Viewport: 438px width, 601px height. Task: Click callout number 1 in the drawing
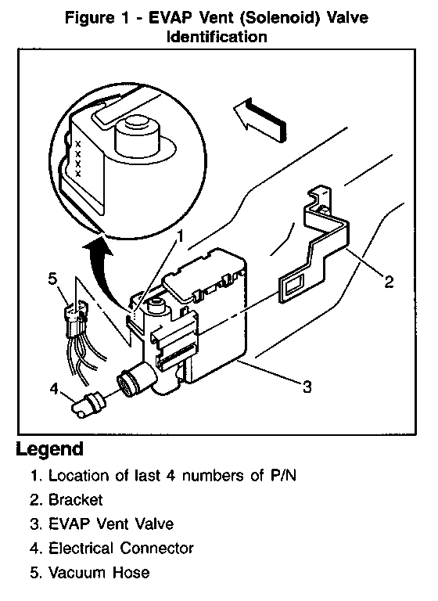click(x=180, y=236)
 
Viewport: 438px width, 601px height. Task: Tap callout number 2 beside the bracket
click(x=389, y=282)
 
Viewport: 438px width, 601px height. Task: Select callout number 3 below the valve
click(x=307, y=387)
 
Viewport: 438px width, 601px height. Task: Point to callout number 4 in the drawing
click(x=54, y=389)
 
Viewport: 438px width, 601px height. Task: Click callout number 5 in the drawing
click(x=52, y=279)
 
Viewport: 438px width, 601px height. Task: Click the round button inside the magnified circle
click(x=137, y=134)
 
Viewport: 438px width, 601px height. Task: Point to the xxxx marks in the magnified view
click(x=78, y=159)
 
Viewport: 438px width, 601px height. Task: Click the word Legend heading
click(x=50, y=449)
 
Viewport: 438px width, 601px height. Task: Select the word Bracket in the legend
click(x=76, y=500)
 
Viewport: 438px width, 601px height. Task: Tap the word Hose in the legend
click(x=131, y=572)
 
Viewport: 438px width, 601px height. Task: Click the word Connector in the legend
click(x=156, y=548)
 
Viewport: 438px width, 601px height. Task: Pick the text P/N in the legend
click(x=284, y=476)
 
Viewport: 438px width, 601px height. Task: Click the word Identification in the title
click(x=217, y=38)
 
